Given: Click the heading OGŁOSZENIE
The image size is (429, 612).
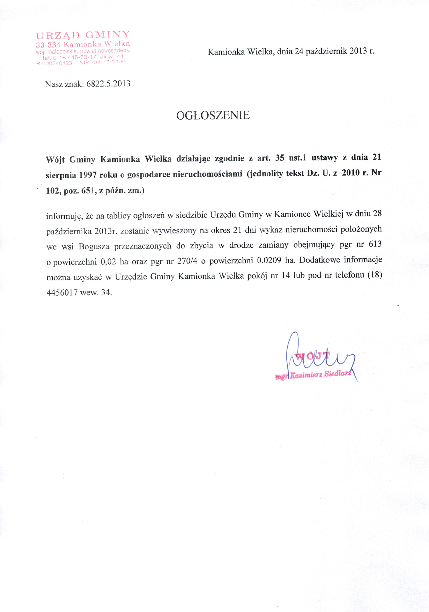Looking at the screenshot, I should point(213,115).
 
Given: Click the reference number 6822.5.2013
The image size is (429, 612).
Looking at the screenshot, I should point(108,84).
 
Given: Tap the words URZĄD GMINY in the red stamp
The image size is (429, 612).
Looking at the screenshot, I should point(83,35).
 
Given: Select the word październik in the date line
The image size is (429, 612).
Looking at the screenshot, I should point(326,51).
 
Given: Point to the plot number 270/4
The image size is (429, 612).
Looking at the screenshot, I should point(187,261).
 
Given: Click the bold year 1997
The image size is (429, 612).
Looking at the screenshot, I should point(88,175).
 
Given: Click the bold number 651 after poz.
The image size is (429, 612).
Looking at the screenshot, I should point(88,191).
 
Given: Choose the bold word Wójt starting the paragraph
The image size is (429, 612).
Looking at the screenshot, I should point(55,159).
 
